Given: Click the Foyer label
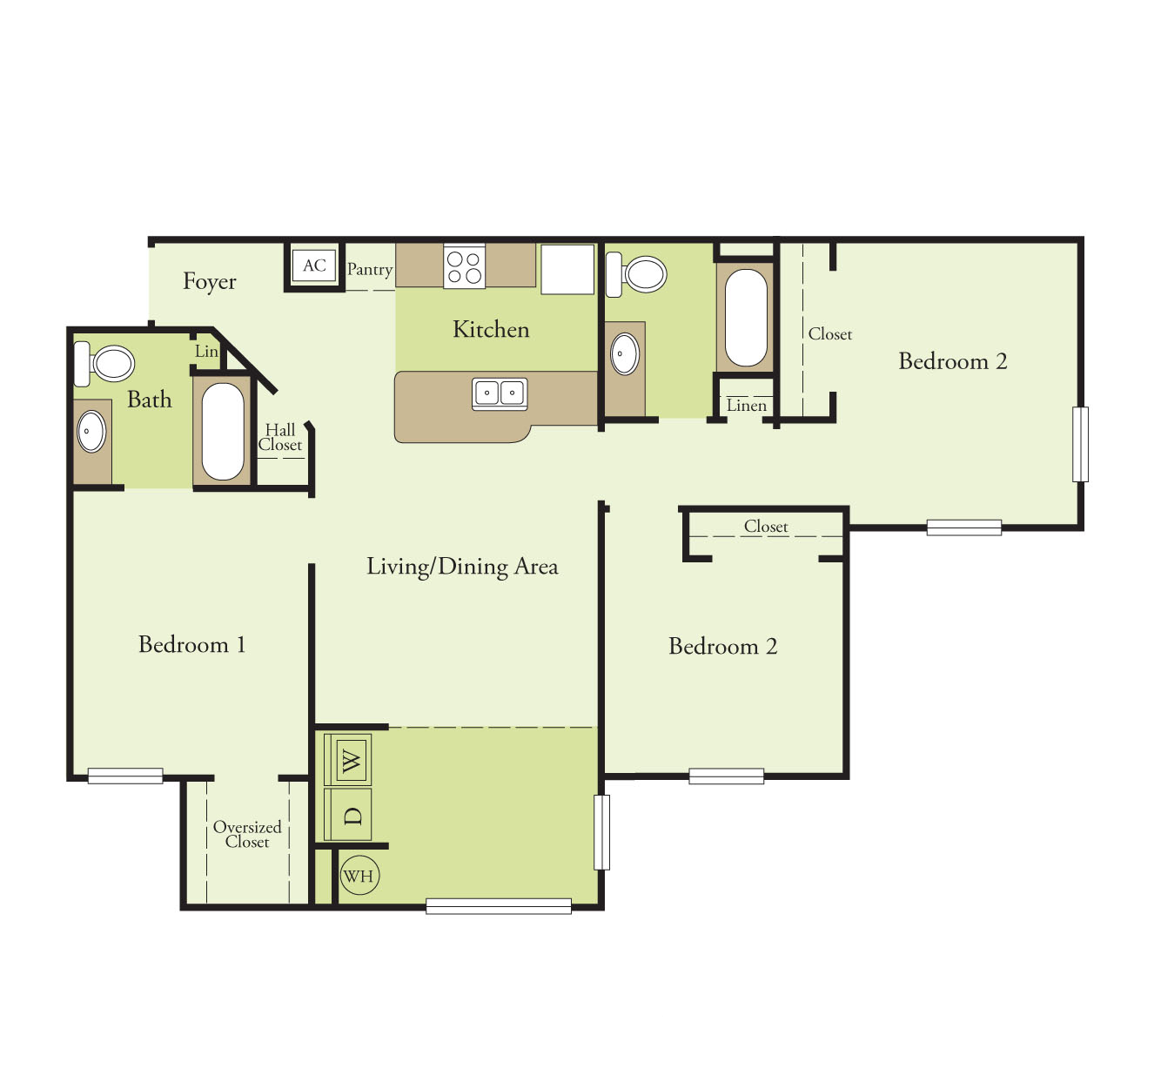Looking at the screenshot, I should click(209, 281).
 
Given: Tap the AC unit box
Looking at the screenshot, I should click(314, 265).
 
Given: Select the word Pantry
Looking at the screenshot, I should click(370, 269).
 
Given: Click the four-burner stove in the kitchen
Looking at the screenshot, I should click(464, 265).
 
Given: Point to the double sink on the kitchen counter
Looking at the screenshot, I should click(500, 393).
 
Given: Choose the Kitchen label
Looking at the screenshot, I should click(491, 329).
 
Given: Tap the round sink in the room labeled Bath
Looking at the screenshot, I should click(91, 431).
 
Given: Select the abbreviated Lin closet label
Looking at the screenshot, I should click(206, 352).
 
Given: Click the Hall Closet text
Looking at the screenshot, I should click(280, 437).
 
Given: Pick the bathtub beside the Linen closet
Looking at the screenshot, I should click(746, 318).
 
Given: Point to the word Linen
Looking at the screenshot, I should click(747, 406).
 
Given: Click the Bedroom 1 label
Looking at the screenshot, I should click(191, 644).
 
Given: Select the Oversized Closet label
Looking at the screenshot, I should click(247, 834).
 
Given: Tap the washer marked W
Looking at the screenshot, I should click(349, 761).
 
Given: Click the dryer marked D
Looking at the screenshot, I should click(349, 815).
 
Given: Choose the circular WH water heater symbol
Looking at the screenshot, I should click(359, 877).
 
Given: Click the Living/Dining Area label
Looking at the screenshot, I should click(462, 567).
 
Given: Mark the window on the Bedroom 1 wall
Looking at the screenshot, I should click(125, 776).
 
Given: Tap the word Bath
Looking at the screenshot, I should click(150, 400).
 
